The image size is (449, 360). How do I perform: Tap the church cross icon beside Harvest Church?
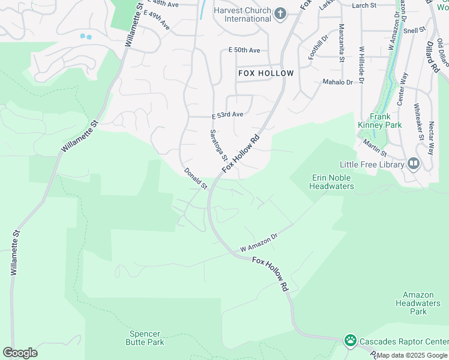280,13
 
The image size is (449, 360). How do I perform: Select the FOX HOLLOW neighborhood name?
266,73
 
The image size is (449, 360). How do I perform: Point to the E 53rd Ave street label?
228,115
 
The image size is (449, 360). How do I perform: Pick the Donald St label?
196,179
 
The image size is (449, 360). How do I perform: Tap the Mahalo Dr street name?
338,82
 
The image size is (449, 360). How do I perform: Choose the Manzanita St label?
342,43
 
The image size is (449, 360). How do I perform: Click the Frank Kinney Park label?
381,121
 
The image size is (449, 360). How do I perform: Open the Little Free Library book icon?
413,163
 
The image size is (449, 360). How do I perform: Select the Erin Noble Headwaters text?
331,182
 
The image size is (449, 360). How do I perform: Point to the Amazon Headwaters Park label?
422,303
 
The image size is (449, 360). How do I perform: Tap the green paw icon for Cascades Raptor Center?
350,341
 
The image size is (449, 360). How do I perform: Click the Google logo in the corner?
20,353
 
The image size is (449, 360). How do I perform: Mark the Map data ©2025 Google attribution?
412,355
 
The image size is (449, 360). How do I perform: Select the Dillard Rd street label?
433,57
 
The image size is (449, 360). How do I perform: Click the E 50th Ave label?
244,50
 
